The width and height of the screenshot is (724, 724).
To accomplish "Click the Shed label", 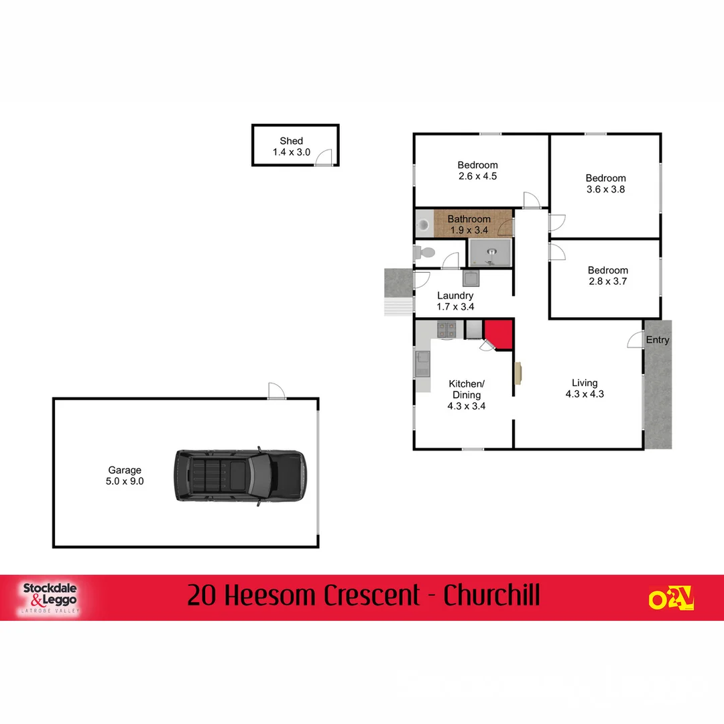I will (291, 147).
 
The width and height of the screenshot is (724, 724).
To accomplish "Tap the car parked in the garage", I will (240, 475).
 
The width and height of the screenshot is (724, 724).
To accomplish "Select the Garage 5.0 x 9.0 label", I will (125, 475).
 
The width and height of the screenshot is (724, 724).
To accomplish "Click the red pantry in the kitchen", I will (499, 333).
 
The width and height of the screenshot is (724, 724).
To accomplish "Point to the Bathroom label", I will (469, 224).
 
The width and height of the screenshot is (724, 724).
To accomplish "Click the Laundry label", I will (455, 301).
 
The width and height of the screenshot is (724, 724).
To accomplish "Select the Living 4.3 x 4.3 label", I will (584, 389).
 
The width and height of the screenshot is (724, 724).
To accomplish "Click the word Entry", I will (657, 340).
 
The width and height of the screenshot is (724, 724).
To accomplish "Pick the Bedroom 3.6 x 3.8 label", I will (605, 184).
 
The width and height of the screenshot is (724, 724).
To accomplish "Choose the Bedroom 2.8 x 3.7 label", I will (607, 276).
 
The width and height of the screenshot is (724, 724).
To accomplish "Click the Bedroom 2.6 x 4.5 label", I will (477, 171).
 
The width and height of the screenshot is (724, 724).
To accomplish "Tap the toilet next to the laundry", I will (424, 252).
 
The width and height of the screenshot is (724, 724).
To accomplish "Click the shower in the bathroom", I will (491, 253).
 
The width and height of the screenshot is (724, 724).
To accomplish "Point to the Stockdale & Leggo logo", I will (50, 597).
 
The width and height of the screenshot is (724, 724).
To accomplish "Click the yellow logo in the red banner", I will (670, 597).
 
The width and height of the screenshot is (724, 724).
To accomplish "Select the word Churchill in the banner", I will (491, 595).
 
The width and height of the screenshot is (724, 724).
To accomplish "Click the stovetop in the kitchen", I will (446, 329).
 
